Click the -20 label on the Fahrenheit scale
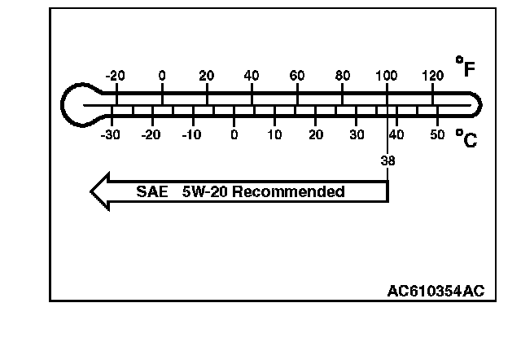tap(116, 76)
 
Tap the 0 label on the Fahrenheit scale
tap(162, 76)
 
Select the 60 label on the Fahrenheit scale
tap(297, 76)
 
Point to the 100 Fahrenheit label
tap(387, 76)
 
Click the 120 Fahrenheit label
tap(432, 76)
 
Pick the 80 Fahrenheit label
tap(343, 76)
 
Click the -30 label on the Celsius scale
tap(111, 134)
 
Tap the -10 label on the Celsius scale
tap(191, 134)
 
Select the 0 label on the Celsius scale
tap(234, 134)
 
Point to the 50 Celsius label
tap(437, 134)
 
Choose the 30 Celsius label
tap(357, 134)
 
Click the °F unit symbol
tap(466, 68)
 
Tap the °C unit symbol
tap(466, 139)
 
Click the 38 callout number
tap(387, 160)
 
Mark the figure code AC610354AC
tap(436, 291)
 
